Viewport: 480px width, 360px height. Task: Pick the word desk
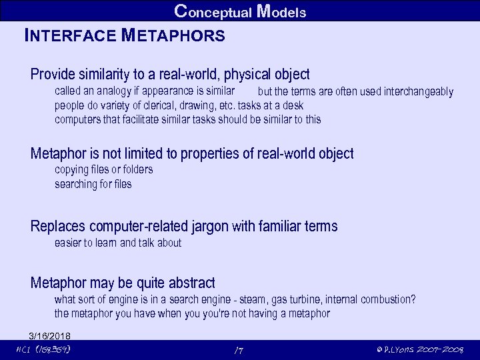tap(293, 105)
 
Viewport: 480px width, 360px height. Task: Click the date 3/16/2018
tap(49, 335)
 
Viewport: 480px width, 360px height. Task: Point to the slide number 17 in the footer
tap(239, 350)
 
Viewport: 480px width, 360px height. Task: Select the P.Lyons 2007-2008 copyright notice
tap(420, 350)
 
